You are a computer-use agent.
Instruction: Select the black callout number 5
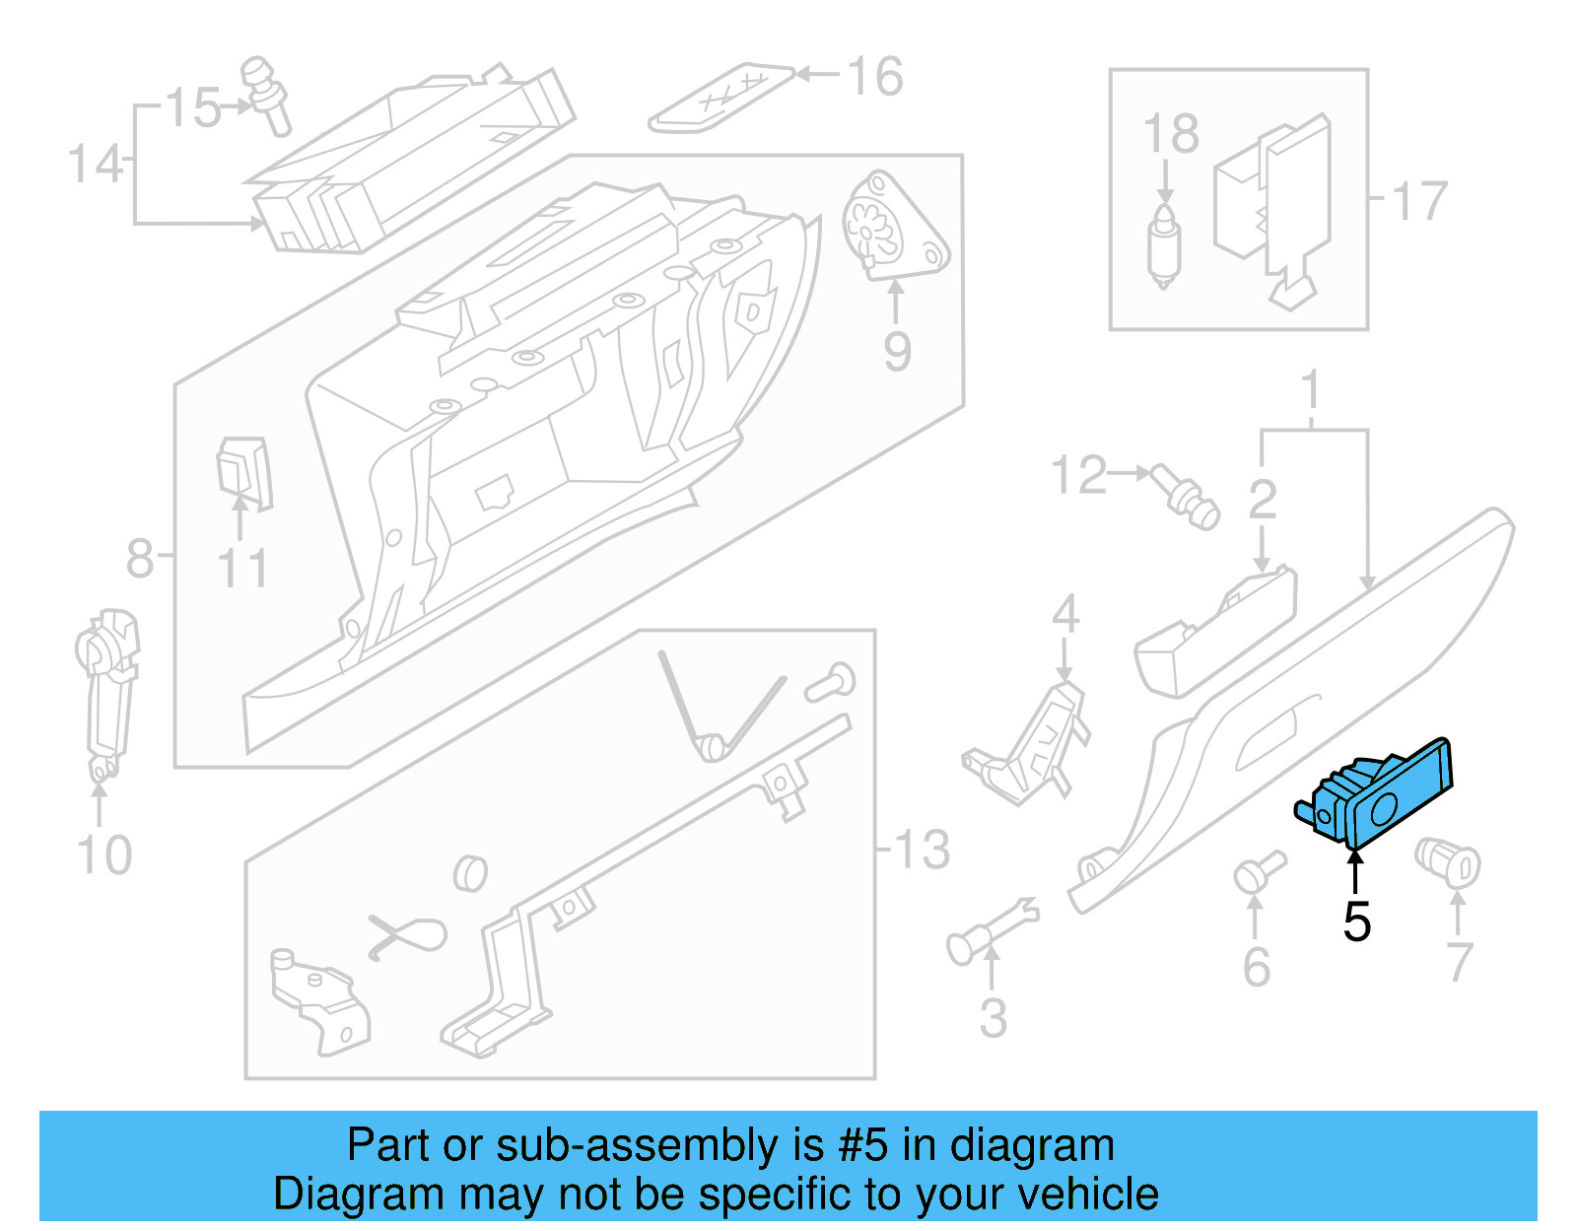coord(1357,923)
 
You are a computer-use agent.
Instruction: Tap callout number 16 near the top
coord(874,77)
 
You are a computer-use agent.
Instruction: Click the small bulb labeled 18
coord(1164,247)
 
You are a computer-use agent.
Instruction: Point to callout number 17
coord(1419,202)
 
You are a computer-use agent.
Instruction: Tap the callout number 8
coord(140,558)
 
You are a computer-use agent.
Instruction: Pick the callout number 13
coord(922,850)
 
